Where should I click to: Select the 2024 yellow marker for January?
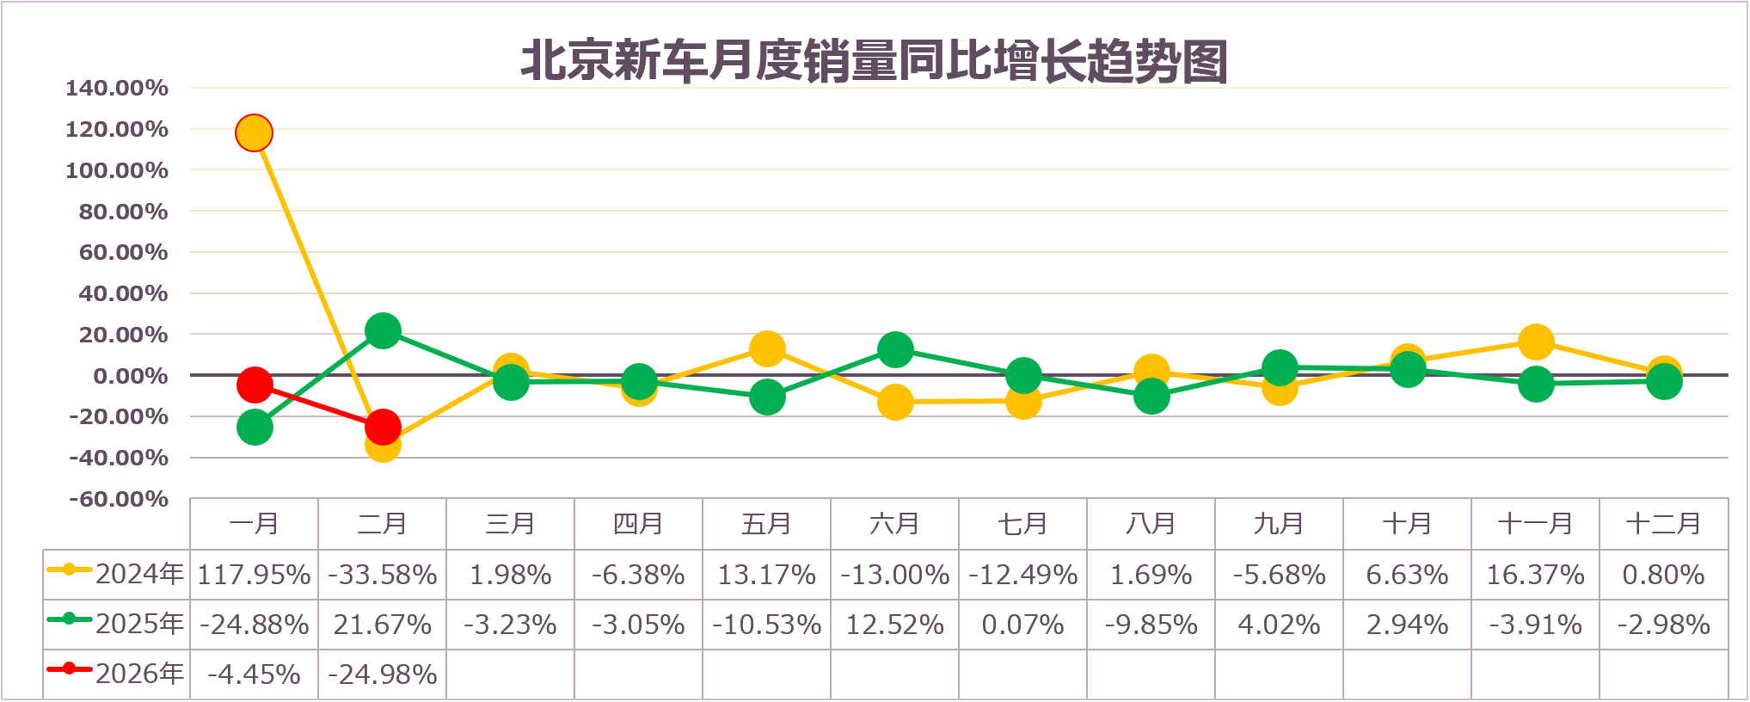(254, 133)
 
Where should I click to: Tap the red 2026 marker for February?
(383, 426)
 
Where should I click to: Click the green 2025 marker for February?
(383, 330)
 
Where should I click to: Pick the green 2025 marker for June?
(895, 349)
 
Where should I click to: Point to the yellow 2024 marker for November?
(1536, 342)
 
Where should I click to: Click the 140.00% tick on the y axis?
(117, 88)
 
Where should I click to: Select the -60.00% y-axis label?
(119, 499)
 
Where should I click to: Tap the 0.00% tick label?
(130, 376)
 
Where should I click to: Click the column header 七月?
(1022, 524)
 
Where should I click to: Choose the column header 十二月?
(1663, 524)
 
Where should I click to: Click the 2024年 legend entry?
(116, 574)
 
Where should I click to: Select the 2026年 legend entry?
(116, 674)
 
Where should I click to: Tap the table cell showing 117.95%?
(254, 575)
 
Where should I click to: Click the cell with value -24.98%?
(383, 674)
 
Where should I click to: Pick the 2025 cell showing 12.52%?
(895, 625)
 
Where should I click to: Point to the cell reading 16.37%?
(1536, 575)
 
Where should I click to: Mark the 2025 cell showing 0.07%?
(1022, 625)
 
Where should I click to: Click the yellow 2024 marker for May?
(767, 348)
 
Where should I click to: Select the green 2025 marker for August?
(1151, 396)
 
